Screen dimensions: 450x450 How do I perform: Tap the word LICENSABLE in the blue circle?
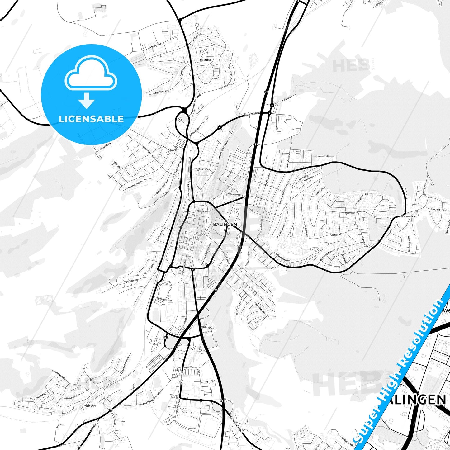pos(91,119)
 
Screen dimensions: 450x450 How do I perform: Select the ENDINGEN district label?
pos(90,406)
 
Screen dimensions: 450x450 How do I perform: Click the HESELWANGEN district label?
pos(407,216)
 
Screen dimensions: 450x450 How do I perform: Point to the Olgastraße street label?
pos(202,169)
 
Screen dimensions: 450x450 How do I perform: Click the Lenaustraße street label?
pos(323,156)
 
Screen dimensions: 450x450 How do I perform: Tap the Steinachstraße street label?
pos(165,300)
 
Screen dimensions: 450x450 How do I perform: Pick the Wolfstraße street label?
pos(207,328)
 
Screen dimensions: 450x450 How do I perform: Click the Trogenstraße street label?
pos(439,210)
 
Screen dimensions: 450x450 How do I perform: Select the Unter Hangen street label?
pos(284,99)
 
